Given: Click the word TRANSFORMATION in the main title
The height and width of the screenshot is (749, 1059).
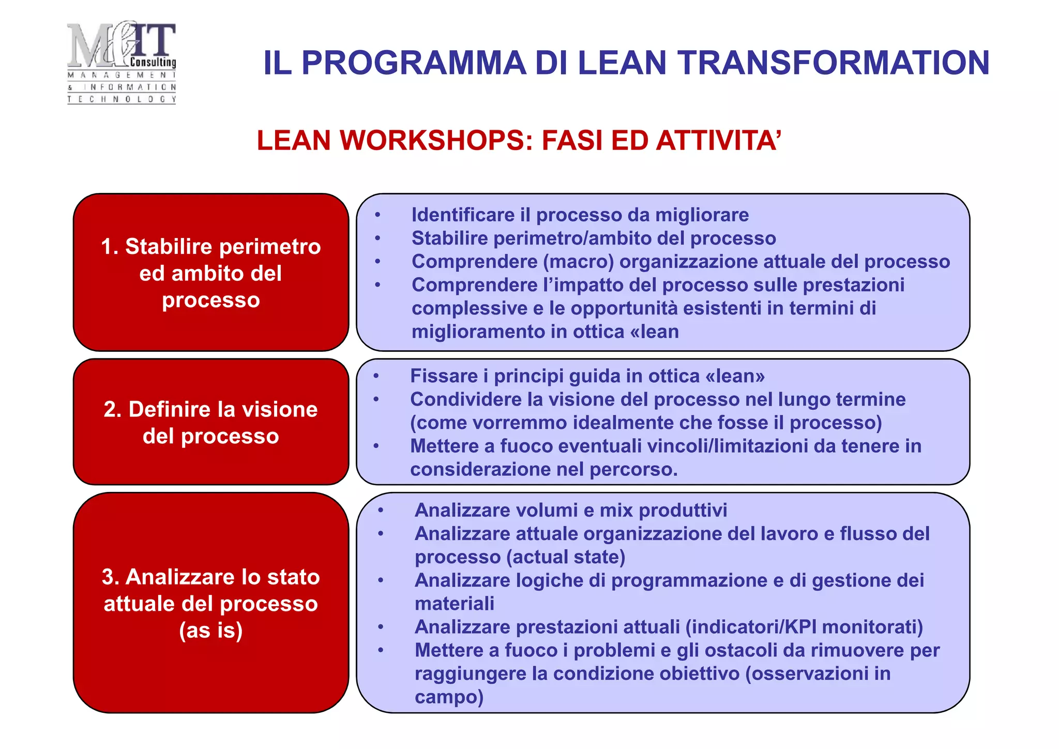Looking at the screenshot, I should [x=834, y=63].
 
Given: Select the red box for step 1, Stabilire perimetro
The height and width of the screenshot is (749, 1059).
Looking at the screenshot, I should [x=211, y=272].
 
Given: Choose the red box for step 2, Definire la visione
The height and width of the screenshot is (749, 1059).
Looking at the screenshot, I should [x=211, y=422].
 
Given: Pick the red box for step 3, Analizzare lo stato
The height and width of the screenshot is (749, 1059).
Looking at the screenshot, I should [x=211, y=603].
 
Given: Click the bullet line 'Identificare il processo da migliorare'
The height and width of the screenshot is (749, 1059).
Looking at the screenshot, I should [x=580, y=215].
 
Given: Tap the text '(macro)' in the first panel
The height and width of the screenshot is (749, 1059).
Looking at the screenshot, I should [x=578, y=262].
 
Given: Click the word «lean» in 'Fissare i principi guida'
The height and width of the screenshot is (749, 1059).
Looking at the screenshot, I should [x=735, y=376].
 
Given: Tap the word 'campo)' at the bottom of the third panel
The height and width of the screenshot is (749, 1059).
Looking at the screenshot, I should [x=449, y=697].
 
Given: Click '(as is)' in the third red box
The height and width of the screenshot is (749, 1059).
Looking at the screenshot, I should [x=211, y=631].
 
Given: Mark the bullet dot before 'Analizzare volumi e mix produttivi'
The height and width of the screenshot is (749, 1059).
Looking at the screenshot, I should [x=381, y=511].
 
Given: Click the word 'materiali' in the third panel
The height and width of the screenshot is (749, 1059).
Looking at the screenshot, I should [x=454, y=604].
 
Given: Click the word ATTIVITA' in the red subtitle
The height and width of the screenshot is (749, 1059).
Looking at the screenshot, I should [x=718, y=141].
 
